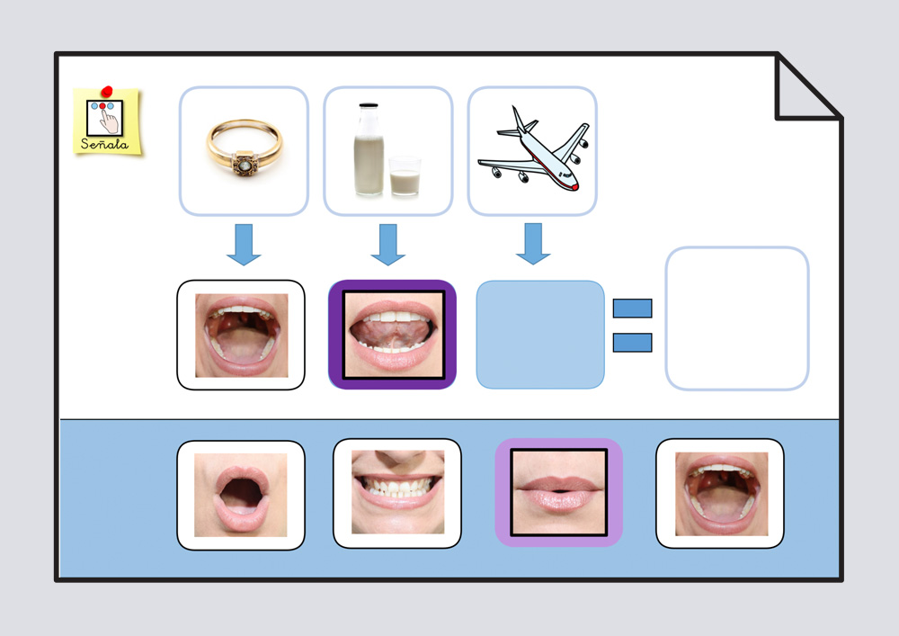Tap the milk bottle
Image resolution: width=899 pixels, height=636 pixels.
[x=369, y=148]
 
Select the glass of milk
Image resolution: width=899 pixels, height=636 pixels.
[x=405, y=176]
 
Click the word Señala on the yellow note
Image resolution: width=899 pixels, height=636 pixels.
[x=104, y=144]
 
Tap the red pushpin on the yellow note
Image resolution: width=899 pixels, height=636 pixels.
[x=108, y=91]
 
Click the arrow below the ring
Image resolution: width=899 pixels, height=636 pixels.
[x=244, y=245]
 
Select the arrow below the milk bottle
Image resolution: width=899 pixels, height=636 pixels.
[x=388, y=245]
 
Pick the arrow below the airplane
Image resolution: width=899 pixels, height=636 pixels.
[x=533, y=245]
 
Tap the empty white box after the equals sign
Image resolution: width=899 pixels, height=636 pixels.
[x=736, y=318]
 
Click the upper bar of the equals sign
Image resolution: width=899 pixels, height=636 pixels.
[x=632, y=309]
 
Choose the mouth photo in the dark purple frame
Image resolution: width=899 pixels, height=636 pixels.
[x=393, y=335]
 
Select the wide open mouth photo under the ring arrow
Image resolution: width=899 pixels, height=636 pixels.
[x=242, y=335]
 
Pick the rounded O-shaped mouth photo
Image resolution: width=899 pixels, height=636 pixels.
[x=241, y=495]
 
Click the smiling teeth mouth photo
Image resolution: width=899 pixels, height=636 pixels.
[x=397, y=493]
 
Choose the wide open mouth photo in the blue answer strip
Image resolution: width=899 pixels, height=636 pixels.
[x=720, y=494]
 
